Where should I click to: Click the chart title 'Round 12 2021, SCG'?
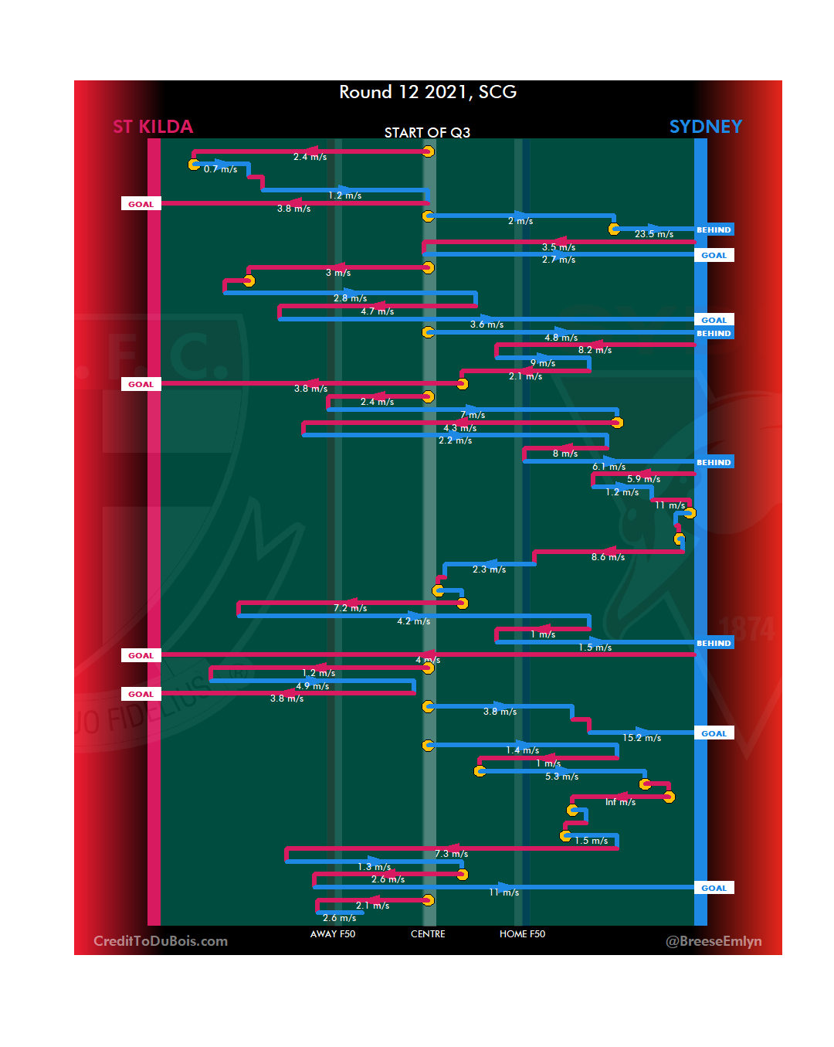[428, 93]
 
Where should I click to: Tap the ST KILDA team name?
[153, 127]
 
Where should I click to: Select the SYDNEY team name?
[705, 127]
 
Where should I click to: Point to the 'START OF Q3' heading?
[427, 133]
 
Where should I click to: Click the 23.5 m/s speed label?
[654, 234]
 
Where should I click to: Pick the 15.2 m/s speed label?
[642, 738]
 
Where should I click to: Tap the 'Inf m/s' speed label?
[620, 802]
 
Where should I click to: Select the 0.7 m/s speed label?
[220, 169]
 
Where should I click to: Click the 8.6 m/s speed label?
[608, 557]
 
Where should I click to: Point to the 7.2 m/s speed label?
[350, 608]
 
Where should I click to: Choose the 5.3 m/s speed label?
[561, 777]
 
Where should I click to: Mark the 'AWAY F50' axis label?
[333, 934]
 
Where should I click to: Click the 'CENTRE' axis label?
[428, 934]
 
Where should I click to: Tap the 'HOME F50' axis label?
[522, 934]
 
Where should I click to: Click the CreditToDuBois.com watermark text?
[161, 941]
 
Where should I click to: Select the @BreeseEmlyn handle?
[714, 941]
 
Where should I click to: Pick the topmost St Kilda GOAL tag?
[141, 204]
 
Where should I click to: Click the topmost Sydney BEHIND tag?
[714, 229]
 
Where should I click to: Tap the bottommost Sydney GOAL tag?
[714, 889]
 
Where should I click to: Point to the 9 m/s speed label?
[543, 363]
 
